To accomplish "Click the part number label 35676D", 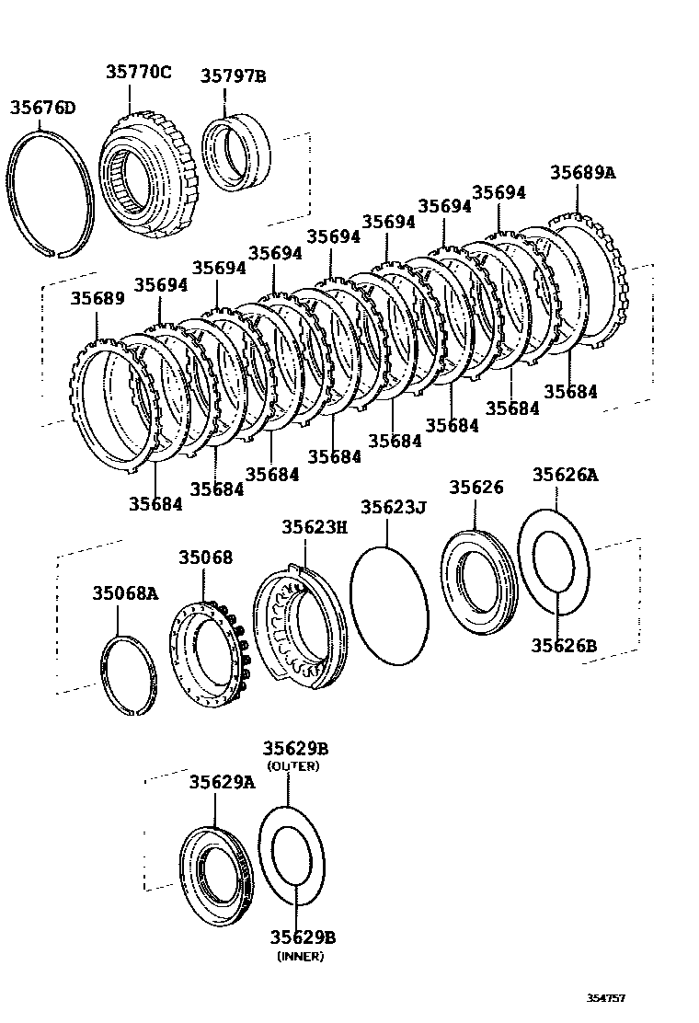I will [42, 108].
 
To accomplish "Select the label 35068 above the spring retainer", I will [205, 557].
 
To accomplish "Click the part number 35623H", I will [315, 526].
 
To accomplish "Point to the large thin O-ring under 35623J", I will [389, 603].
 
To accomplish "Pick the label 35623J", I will [393, 507].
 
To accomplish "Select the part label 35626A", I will [565, 475].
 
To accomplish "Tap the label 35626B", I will [563, 646].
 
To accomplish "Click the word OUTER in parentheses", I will [292, 766].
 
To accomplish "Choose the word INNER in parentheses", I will [301, 956].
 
